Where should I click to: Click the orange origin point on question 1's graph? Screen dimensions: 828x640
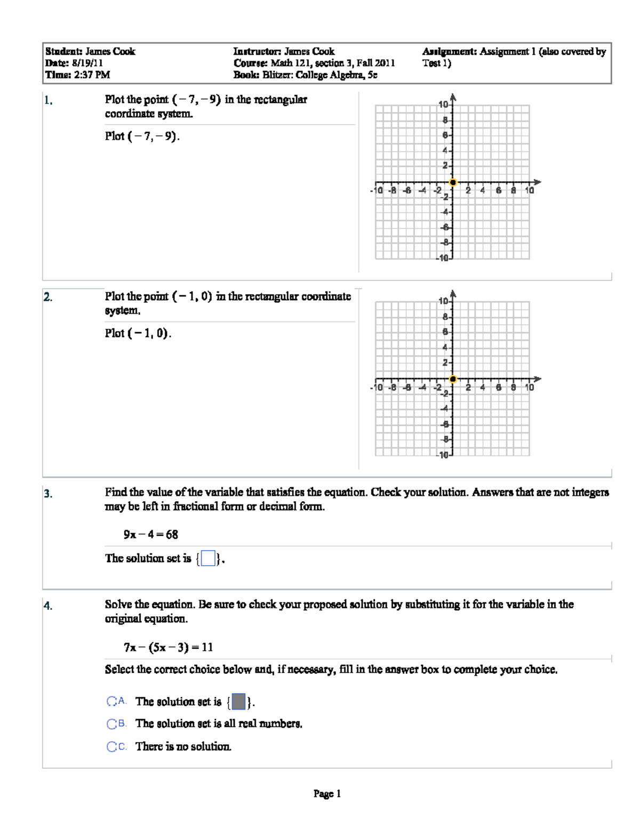pyautogui.click(x=453, y=182)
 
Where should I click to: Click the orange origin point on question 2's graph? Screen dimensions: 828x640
pyautogui.click(x=453, y=379)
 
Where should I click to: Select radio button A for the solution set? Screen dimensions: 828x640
pyautogui.click(x=111, y=702)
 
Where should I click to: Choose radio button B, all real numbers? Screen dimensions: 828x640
pyautogui.click(x=111, y=724)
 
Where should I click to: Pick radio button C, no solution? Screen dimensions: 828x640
pyautogui.click(x=111, y=746)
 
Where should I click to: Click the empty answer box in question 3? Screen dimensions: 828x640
pyautogui.click(x=209, y=559)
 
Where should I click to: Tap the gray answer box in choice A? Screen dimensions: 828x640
pyautogui.click(x=239, y=702)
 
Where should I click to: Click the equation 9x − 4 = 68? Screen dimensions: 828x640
pyautogui.click(x=151, y=534)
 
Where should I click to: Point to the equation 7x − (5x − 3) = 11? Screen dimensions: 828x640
pyautogui.click(x=168, y=647)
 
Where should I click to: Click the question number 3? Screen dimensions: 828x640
pyautogui.click(x=48, y=494)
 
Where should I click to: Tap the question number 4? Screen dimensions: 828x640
pyautogui.click(x=48, y=606)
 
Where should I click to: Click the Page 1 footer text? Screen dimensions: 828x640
pyautogui.click(x=327, y=794)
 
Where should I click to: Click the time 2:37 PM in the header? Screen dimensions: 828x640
pyautogui.click(x=92, y=75)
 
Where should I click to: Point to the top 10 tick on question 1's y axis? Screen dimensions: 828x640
pyautogui.click(x=443, y=104)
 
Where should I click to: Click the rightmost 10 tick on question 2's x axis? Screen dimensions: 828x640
pyautogui.click(x=529, y=387)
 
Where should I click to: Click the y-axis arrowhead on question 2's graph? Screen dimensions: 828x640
pyautogui.click(x=453, y=293)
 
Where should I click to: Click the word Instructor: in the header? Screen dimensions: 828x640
pyautogui.click(x=257, y=52)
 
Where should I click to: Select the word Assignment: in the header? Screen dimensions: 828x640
pyautogui.click(x=450, y=52)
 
